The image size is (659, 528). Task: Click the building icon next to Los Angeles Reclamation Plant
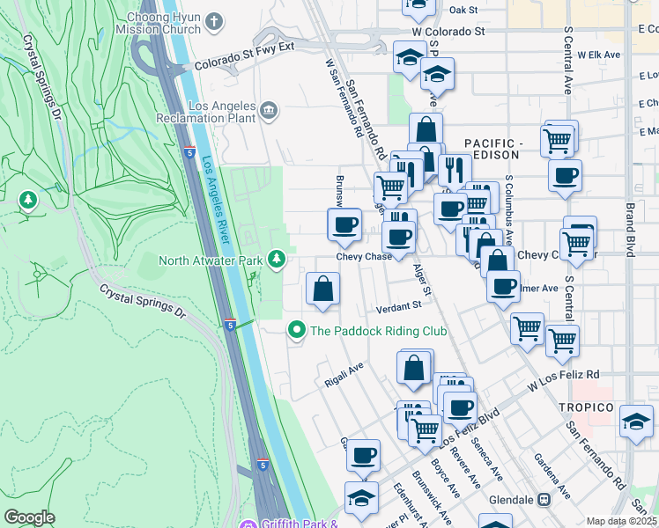[269, 110]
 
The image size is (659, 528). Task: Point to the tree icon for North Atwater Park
[277, 259]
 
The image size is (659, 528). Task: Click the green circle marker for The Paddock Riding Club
[297, 331]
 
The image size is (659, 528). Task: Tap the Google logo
[29, 517]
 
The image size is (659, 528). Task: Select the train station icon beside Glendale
[544, 499]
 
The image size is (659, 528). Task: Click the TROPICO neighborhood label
[585, 407]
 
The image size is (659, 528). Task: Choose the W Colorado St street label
[448, 31]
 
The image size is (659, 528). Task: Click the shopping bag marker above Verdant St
[323, 288]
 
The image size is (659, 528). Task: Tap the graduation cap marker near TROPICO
[636, 419]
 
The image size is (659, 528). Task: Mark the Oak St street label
[463, 10]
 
